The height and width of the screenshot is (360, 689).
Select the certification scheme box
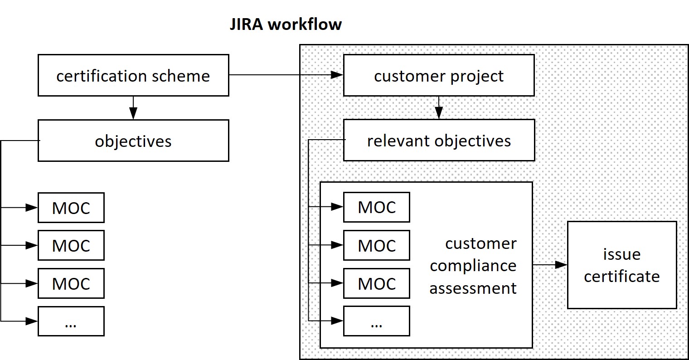pos(133,75)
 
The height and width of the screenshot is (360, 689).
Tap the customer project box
pos(439,75)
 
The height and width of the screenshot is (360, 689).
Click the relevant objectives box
pos(439,140)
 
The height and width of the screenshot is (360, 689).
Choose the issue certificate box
pos(621,265)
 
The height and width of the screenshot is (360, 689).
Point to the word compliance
pos(473,265)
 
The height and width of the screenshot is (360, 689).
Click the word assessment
pos(473,288)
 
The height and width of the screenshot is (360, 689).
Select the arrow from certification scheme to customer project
pos(286,75)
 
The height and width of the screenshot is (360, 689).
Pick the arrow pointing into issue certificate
pos(550,265)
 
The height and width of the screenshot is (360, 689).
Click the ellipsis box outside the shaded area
pos(71,321)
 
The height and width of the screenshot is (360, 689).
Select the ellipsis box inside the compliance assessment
pos(376,321)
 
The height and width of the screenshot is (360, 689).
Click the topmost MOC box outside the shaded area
pos(71,208)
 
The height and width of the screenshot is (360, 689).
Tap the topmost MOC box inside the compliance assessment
pos(376,207)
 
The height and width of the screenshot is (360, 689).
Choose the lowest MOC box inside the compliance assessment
pos(376,283)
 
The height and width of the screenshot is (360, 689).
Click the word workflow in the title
pos(305,24)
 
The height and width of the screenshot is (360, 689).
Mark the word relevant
pos(394,141)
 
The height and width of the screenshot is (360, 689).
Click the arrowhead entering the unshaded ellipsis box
pos(32,321)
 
